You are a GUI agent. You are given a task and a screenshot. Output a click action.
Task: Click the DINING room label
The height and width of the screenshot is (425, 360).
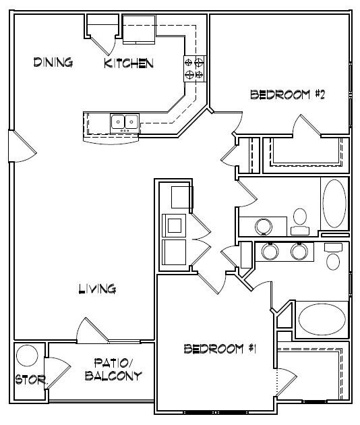coord(53,63)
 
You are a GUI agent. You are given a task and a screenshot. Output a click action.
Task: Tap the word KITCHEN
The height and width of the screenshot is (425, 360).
coord(129,64)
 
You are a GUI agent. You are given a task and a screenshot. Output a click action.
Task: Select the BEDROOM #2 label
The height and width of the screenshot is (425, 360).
coord(288,95)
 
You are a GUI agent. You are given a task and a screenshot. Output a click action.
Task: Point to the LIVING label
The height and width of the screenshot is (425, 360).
coord(98,289)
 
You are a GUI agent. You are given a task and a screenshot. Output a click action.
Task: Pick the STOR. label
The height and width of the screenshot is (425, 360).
coord(30,380)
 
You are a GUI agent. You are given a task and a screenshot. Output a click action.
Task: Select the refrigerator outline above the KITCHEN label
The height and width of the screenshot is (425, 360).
coord(140,30)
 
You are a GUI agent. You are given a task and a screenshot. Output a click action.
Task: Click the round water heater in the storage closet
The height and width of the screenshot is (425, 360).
coord(28,356)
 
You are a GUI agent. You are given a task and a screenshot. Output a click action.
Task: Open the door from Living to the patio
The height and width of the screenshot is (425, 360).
coord(90,331)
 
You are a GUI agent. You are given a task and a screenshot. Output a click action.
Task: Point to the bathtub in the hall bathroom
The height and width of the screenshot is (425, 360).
coord(334,203)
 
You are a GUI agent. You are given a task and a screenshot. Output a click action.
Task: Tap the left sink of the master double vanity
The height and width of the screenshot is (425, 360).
coord(270,252)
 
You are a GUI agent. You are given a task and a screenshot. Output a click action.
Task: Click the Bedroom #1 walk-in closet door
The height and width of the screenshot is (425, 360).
coord(286,382)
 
